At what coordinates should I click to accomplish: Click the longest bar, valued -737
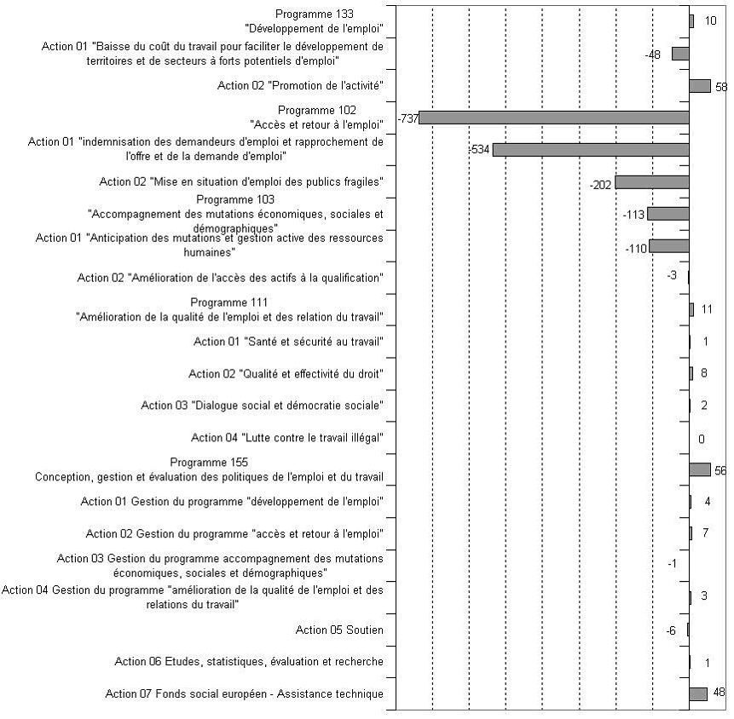[x=554, y=118]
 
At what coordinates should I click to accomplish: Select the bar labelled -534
[x=591, y=149]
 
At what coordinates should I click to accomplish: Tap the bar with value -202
[x=652, y=181]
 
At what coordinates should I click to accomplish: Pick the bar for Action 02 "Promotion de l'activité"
[x=700, y=85]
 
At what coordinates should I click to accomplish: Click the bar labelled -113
[x=668, y=213]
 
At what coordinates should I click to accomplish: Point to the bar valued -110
[x=669, y=245]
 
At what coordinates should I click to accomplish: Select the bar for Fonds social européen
[x=698, y=693]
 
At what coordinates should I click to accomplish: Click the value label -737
[x=408, y=118]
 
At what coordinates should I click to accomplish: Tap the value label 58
[x=721, y=87]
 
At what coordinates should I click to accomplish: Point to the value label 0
[x=702, y=439]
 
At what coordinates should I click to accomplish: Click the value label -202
[x=601, y=185]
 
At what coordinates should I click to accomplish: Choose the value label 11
[x=707, y=309]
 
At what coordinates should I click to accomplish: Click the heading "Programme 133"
[x=315, y=14]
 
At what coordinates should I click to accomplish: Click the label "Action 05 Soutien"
[x=339, y=630]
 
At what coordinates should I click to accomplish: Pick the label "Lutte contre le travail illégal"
[x=287, y=438]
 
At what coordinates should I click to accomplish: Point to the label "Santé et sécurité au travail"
[x=288, y=342]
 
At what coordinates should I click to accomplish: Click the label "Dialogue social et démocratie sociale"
[x=263, y=406]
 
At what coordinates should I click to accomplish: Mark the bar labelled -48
[x=680, y=54]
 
